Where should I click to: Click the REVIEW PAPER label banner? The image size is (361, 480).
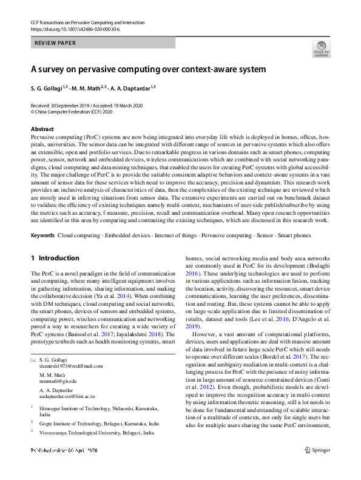[x=103, y=43]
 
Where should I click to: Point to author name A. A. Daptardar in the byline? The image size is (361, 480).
[x=131, y=88]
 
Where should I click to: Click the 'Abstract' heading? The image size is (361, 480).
[x=42, y=129]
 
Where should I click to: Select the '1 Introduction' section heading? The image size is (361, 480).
[x=55, y=258]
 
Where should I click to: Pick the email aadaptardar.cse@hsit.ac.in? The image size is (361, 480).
[x=69, y=396]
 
